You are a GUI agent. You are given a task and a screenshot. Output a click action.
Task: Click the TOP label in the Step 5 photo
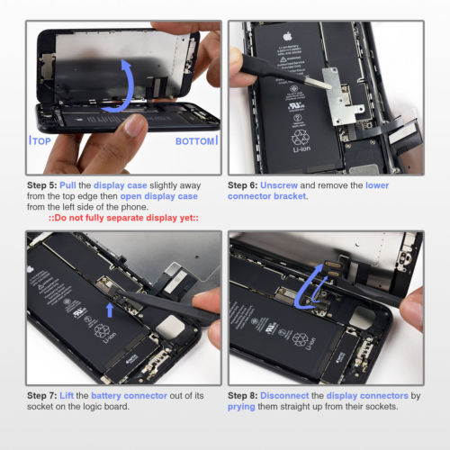click(x=41, y=141)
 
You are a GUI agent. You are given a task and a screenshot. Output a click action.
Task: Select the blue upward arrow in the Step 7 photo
click(x=110, y=310)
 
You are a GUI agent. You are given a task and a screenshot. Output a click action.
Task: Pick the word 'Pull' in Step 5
click(x=76, y=186)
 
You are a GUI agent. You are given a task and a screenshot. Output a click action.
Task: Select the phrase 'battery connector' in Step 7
click(x=131, y=395)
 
